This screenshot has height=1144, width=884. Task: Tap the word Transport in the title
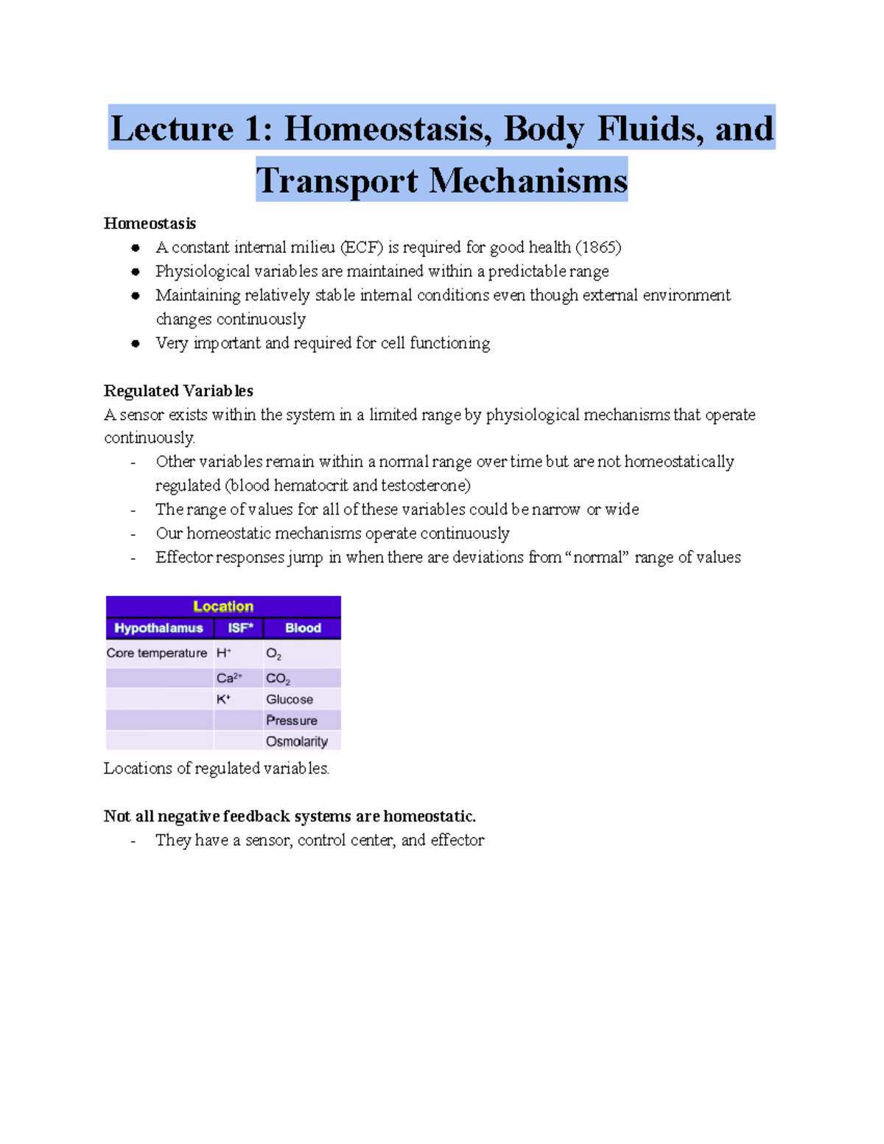click(337, 180)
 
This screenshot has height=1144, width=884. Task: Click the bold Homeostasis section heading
click(150, 223)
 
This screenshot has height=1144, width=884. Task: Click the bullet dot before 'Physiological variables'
click(136, 272)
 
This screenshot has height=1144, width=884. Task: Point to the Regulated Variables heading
click(178, 390)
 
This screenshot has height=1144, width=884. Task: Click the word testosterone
click(424, 485)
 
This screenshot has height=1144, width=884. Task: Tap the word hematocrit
click(311, 485)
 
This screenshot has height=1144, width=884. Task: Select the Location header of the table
click(223, 606)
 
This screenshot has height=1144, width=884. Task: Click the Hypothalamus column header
click(158, 628)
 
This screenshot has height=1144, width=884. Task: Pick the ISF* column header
click(240, 628)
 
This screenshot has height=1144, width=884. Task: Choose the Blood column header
click(303, 628)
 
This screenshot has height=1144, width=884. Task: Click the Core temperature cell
click(157, 653)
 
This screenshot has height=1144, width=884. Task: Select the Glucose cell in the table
click(290, 700)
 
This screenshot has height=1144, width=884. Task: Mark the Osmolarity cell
click(297, 742)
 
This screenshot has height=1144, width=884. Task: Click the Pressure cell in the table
click(292, 720)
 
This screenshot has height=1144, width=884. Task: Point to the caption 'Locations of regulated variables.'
click(216, 768)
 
